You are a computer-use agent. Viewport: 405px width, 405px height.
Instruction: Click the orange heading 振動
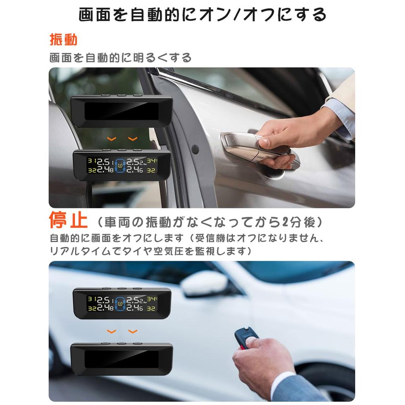click(x=63, y=40)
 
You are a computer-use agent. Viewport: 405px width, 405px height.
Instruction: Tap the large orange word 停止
click(x=68, y=221)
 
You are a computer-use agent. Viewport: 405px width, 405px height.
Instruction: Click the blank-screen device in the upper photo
click(x=121, y=111)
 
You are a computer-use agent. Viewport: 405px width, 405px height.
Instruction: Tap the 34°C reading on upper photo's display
click(x=152, y=161)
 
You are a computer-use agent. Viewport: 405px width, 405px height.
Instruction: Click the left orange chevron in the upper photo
click(x=112, y=139)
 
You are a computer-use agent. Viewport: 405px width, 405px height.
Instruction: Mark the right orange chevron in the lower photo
click(x=133, y=331)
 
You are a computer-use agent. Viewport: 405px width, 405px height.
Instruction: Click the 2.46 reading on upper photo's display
click(x=136, y=170)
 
